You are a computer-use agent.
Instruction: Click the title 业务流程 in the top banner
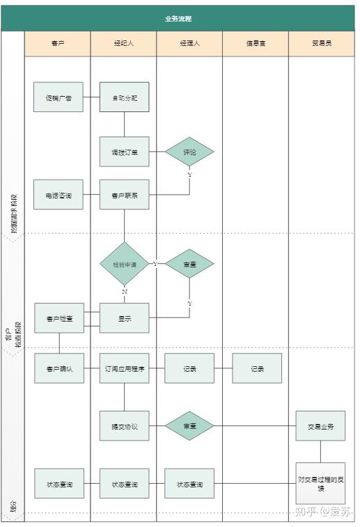click(x=178, y=19)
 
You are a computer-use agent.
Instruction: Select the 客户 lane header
click(x=58, y=43)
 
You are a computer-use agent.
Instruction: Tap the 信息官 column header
click(x=256, y=43)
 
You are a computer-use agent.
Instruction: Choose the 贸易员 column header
click(x=322, y=43)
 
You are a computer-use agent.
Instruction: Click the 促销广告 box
click(x=58, y=97)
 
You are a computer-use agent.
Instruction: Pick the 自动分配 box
click(x=125, y=97)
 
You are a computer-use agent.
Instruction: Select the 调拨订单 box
click(x=125, y=152)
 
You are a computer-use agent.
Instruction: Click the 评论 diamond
click(x=189, y=152)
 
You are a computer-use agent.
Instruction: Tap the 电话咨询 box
click(x=58, y=195)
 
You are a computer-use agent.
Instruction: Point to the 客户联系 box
click(x=125, y=195)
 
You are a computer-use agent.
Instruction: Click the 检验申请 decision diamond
click(x=125, y=264)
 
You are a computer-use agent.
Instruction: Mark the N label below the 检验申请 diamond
click(x=125, y=291)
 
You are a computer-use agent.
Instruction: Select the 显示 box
click(x=125, y=318)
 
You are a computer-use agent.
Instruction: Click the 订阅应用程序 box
click(x=125, y=368)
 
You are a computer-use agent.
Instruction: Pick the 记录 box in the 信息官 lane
click(x=257, y=368)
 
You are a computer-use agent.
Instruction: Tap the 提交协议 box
click(x=125, y=426)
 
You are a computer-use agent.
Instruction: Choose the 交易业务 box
click(x=320, y=426)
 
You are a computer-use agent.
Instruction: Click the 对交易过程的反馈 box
click(x=320, y=483)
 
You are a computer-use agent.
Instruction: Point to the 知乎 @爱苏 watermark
click(x=322, y=512)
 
